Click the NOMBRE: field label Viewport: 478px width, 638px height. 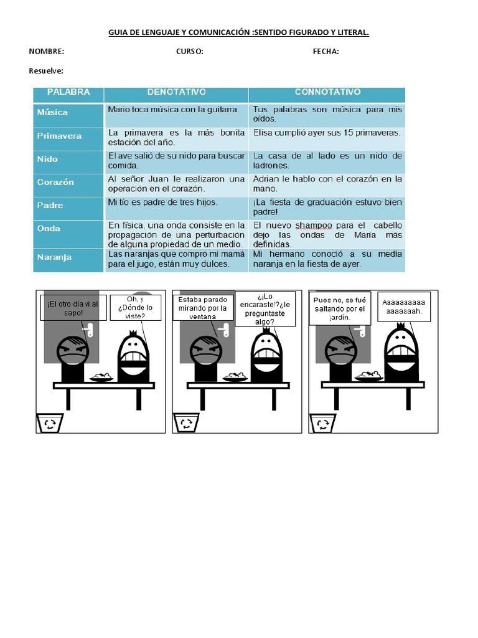[46, 52]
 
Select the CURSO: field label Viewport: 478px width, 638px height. [190, 52]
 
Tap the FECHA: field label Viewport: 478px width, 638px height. [326, 52]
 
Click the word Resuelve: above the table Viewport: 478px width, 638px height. [46, 71]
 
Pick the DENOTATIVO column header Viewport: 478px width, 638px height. [176, 92]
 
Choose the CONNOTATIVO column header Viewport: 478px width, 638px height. [327, 92]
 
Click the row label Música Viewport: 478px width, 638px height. [52, 113]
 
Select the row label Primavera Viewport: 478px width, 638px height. [59, 136]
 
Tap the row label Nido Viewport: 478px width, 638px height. [47, 159]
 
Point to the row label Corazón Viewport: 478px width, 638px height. [55, 182]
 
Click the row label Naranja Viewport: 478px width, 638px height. [54, 256]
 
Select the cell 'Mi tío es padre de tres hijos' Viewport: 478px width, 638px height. [163, 202]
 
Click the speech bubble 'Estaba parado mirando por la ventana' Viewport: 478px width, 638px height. [202, 308]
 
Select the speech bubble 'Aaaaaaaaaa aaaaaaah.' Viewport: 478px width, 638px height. [403, 307]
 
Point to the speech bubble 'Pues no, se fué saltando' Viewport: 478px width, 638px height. [339, 308]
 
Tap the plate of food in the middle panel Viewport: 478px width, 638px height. [235, 377]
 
